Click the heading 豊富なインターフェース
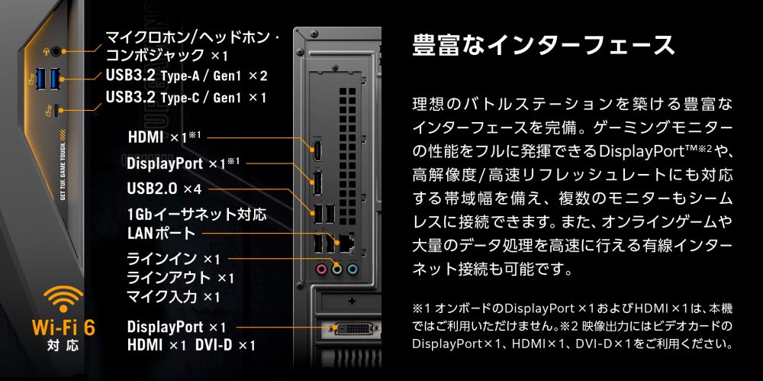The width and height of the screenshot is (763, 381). tap(543, 44)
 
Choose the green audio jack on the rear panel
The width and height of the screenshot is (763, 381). tap(336, 269)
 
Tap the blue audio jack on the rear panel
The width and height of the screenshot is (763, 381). tap(352, 269)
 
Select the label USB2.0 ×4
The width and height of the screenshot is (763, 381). tap(164, 189)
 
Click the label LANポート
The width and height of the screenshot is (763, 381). tap(161, 233)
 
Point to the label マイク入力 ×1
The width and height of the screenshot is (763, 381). tap(173, 296)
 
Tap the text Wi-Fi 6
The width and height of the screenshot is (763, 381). tap(63, 328)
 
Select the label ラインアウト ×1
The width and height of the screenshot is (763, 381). tap(180, 278)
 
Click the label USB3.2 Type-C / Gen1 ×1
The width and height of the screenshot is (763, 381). tap(186, 98)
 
